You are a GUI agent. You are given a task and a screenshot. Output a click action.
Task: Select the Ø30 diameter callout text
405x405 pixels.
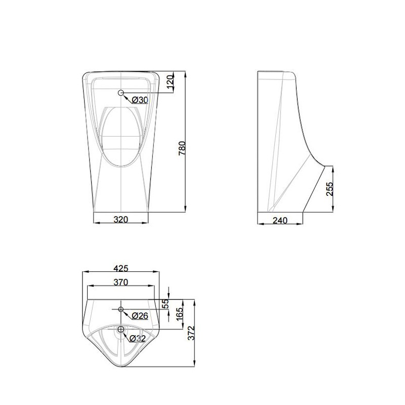[x=140, y=100]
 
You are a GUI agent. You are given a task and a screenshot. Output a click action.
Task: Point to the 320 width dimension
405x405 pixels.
[x=120, y=220]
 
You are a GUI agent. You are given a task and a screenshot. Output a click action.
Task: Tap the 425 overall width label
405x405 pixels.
[x=120, y=268]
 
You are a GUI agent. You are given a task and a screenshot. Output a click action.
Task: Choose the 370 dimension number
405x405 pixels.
[x=120, y=282]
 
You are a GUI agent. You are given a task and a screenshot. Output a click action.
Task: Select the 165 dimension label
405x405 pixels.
[x=178, y=315]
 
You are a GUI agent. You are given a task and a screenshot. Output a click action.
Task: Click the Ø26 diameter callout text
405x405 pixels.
[x=139, y=316]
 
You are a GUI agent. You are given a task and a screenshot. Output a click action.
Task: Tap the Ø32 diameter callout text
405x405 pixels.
[x=138, y=338]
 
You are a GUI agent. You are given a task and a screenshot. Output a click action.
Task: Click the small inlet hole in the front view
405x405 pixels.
[x=121, y=93]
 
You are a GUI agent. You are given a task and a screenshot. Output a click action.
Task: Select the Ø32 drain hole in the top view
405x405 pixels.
[x=121, y=330]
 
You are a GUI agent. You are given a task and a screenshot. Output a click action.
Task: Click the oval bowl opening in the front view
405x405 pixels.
[x=121, y=137]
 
